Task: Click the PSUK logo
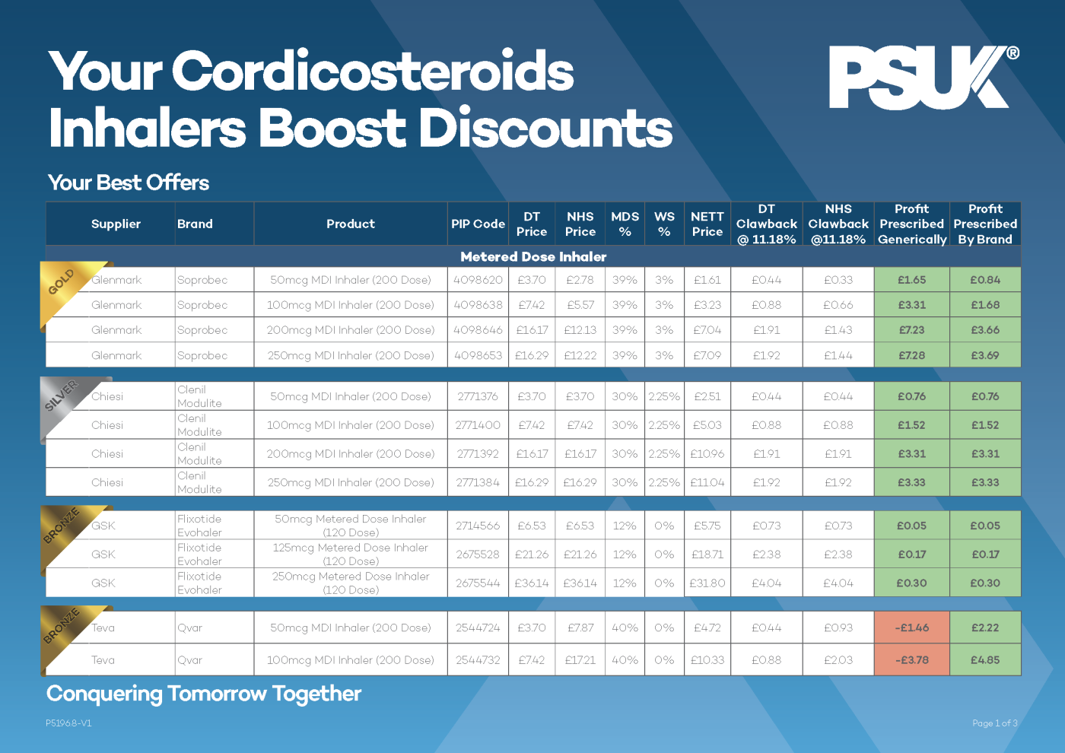(x=923, y=78)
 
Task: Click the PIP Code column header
(x=478, y=224)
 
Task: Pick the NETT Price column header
(x=707, y=224)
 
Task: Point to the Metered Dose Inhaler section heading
(x=533, y=257)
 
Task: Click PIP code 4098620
(x=478, y=280)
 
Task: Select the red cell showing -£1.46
(x=911, y=627)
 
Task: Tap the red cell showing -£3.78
(x=911, y=660)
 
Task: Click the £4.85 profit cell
(x=985, y=660)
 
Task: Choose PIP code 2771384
(x=478, y=482)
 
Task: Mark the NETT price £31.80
(x=707, y=583)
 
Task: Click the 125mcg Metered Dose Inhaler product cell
(x=351, y=554)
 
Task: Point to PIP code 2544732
(x=478, y=660)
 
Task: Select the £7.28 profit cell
(x=911, y=355)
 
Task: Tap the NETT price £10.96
(x=707, y=454)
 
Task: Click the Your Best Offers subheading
(x=129, y=183)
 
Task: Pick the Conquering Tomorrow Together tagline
(x=204, y=694)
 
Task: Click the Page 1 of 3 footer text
(x=994, y=723)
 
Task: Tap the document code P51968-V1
(x=68, y=723)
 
